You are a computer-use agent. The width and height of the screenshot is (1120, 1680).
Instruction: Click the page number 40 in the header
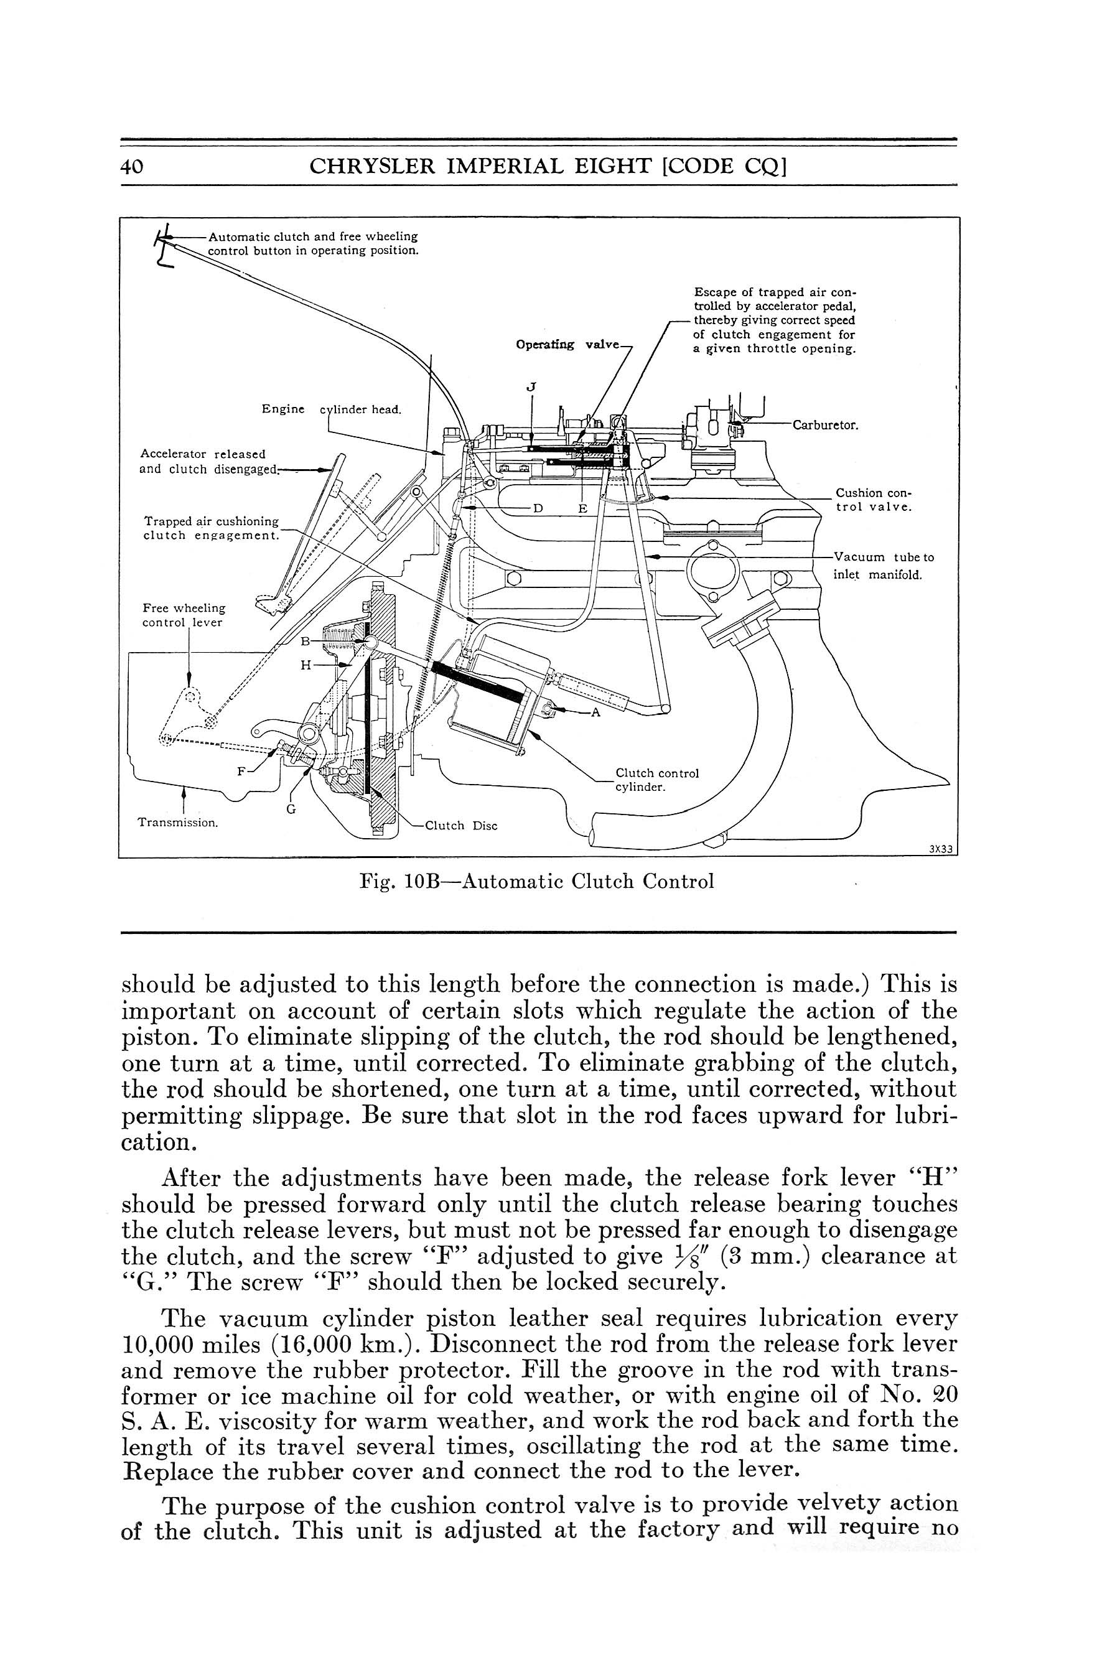pos(133,166)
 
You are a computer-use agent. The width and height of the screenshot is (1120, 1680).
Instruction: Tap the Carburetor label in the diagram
pos(825,426)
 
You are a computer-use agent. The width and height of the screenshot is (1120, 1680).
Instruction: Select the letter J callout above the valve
pos(530,387)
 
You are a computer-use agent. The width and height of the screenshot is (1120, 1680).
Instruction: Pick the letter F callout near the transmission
pos(241,772)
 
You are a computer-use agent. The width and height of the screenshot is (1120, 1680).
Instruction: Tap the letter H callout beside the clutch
pos(305,665)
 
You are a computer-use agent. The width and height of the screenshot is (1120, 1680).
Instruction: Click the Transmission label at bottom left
pos(177,822)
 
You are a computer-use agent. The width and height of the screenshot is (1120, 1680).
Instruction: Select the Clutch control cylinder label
pos(656,780)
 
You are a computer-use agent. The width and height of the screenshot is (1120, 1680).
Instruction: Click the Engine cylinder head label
pos(331,409)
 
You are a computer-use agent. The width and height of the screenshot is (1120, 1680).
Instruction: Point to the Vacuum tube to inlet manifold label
pos(883,566)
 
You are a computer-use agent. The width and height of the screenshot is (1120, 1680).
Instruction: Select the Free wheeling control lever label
pos(184,615)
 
